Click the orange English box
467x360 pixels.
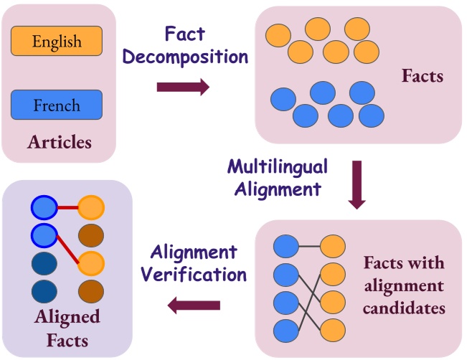pos(57,41)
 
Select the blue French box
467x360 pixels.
pos(57,105)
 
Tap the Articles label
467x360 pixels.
pos(60,142)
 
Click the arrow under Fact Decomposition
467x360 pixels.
pos(183,87)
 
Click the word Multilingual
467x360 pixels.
pos(278,166)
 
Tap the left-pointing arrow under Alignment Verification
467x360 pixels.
pos(194,306)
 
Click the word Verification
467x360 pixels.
pos(194,274)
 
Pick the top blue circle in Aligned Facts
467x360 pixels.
pos(44,208)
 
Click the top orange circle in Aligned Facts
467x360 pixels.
pos(91,208)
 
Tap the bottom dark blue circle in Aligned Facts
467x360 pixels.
pos(44,291)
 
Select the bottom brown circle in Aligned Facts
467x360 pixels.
pos(91,291)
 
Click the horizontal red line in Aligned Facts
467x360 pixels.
pos(67,208)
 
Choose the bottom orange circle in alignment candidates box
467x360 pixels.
pos(333,330)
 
